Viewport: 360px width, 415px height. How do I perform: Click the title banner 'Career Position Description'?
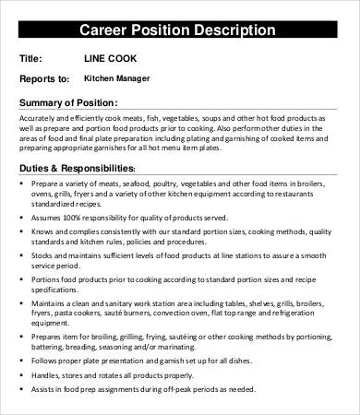click(x=180, y=30)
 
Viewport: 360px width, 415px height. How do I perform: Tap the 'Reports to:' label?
click(x=43, y=79)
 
